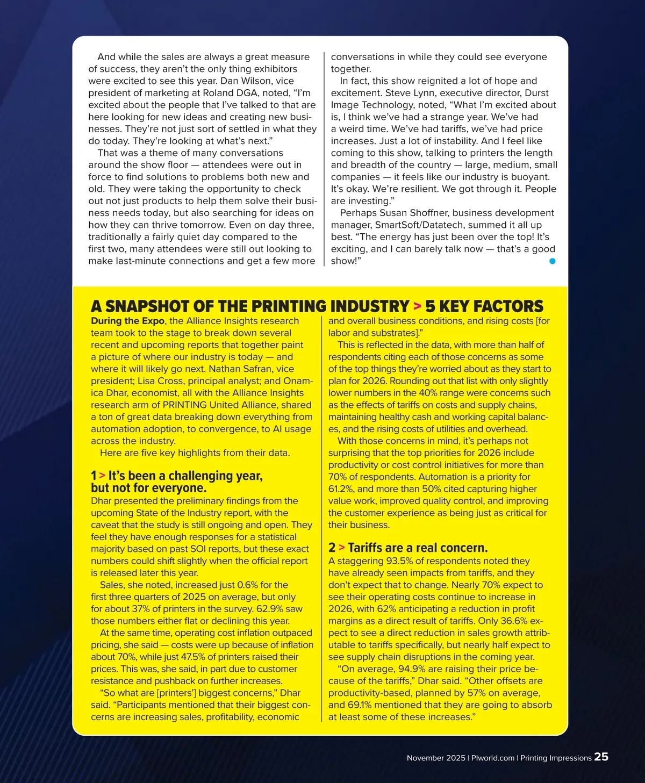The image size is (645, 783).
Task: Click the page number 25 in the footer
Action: tap(601, 757)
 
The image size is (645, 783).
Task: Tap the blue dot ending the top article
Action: tap(552, 261)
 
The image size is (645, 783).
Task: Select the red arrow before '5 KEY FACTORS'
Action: tap(417, 306)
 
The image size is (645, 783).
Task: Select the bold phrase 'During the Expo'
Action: tap(127, 321)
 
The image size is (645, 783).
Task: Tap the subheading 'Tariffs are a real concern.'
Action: tap(418, 548)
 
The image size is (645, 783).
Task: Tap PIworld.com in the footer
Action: tap(493, 758)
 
